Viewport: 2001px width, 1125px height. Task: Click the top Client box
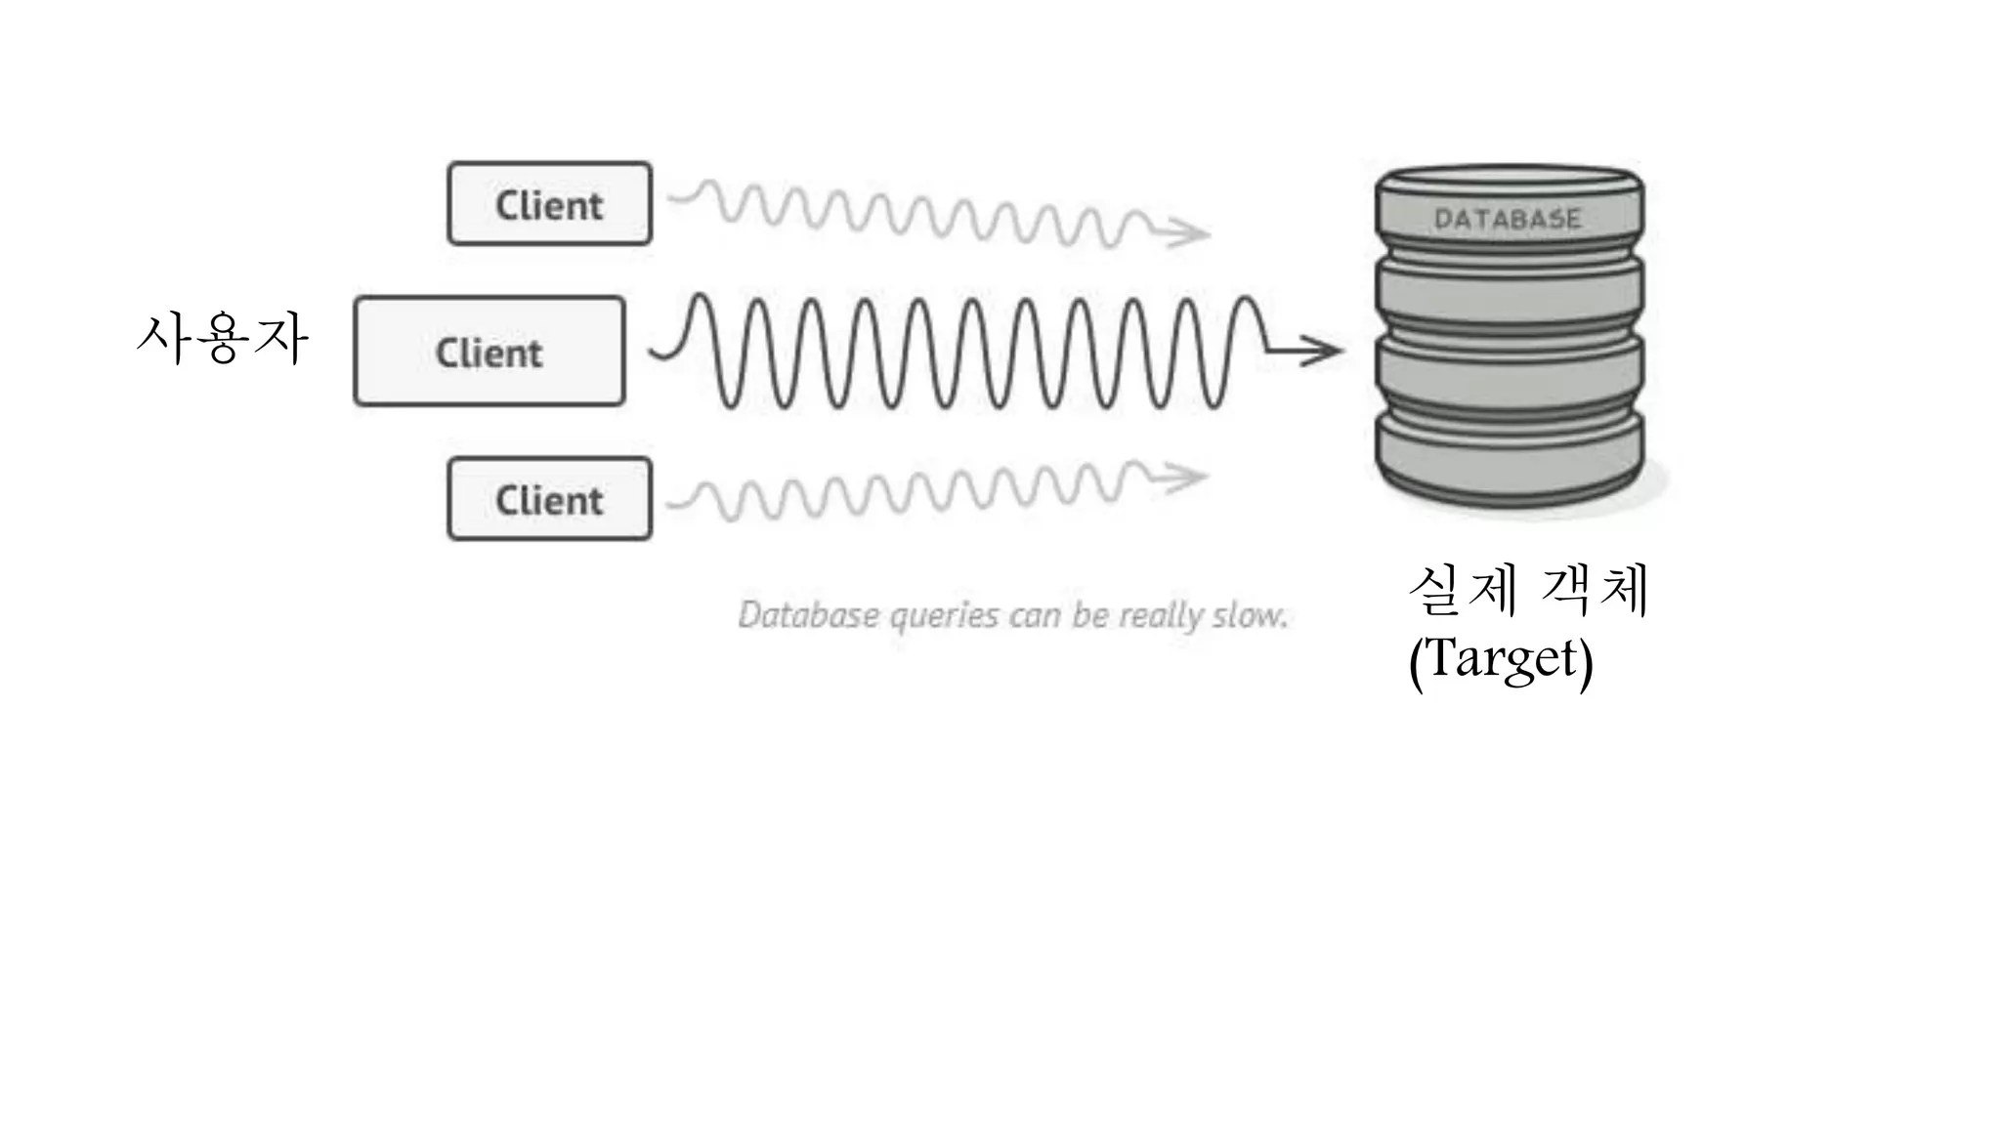pyautogui.click(x=549, y=203)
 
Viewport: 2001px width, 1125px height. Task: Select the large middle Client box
pyautogui.click(x=489, y=351)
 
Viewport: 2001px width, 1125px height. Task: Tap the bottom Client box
pyautogui.click(x=549, y=499)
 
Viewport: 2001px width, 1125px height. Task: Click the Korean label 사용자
pyautogui.click(x=223, y=338)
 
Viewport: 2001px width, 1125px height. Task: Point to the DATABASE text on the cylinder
pyautogui.click(x=1507, y=219)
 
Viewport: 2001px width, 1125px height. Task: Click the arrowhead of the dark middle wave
pyautogui.click(x=1325, y=350)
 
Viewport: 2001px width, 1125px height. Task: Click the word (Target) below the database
pyautogui.click(x=1501, y=659)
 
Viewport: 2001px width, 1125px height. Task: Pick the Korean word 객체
pyautogui.click(x=1595, y=590)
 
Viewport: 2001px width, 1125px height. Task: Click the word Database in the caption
pyautogui.click(x=808, y=614)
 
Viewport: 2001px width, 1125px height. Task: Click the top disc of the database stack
pyautogui.click(x=1509, y=210)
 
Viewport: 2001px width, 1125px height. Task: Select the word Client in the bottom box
pyautogui.click(x=549, y=500)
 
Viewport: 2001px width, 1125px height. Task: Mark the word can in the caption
pyautogui.click(x=1035, y=615)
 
